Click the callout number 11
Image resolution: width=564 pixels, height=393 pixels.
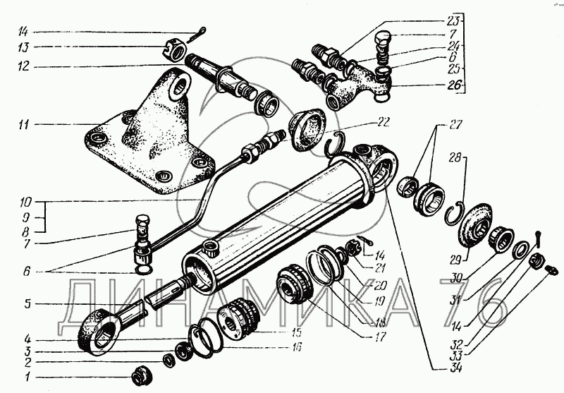click(x=25, y=125)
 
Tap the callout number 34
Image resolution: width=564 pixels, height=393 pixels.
click(x=454, y=368)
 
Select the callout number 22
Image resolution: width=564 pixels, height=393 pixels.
click(x=384, y=122)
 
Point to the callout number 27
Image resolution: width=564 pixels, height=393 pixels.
click(x=455, y=125)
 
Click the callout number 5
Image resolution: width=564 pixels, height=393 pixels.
click(x=27, y=305)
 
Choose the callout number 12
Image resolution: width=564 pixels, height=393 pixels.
click(x=24, y=66)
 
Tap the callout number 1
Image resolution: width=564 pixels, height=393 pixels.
click(x=27, y=377)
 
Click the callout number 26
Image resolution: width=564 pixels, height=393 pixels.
click(x=454, y=85)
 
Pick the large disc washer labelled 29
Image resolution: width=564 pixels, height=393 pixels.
click(x=474, y=225)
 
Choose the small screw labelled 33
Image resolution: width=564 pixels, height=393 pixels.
click(x=552, y=270)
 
